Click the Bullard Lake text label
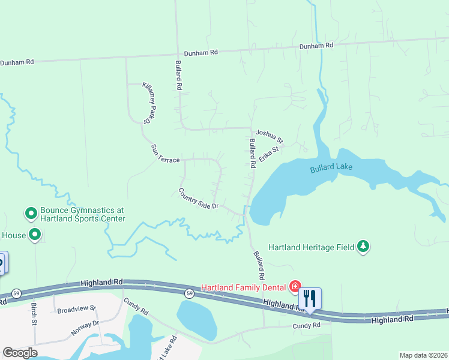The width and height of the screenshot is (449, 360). pos(331,169)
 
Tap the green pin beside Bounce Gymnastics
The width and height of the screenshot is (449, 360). pos(31,213)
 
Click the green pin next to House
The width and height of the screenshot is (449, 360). pos(35,235)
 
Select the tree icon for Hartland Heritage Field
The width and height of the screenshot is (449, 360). pos(363,246)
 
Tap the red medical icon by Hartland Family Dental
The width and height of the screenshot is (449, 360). pos(295,286)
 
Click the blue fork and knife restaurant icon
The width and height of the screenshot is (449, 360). pos(310,298)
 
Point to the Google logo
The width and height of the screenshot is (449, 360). pos(20,353)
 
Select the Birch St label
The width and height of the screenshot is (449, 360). pos(34,314)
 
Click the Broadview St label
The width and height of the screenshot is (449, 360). pos(76,310)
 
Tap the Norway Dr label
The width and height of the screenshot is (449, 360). pos(85,327)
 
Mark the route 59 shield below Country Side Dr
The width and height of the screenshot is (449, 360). pos(189,293)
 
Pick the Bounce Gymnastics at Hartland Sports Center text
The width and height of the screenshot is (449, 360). pos(82,214)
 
